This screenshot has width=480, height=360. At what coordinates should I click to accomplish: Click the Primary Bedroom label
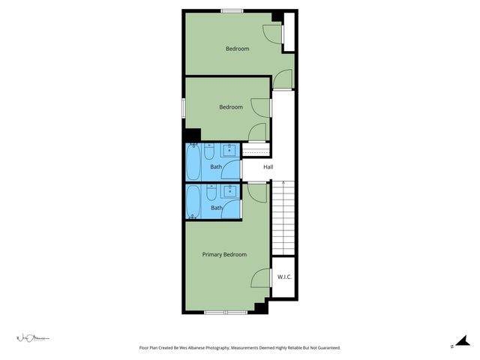click(224, 254)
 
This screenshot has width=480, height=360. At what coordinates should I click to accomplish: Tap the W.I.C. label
click(284, 277)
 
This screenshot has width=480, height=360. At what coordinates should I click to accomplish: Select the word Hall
click(268, 166)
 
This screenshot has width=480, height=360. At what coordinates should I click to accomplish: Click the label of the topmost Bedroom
click(237, 49)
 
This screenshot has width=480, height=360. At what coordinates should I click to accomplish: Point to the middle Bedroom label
click(231, 106)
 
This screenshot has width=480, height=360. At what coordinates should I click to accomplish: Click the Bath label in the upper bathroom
click(216, 166)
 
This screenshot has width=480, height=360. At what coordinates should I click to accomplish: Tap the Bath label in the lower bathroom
click(216, 208)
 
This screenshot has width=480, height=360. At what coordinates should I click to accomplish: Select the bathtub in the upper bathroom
click(193, 161)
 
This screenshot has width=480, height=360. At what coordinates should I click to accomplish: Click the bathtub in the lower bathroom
click(193, 202)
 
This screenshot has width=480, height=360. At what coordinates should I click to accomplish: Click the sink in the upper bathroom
click(229, 150)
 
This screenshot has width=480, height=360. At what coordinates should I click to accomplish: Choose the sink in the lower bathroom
click(229, 191)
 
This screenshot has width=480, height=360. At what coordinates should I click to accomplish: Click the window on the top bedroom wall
click(232, 10)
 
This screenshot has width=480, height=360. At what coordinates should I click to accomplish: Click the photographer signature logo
click(33, 338)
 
